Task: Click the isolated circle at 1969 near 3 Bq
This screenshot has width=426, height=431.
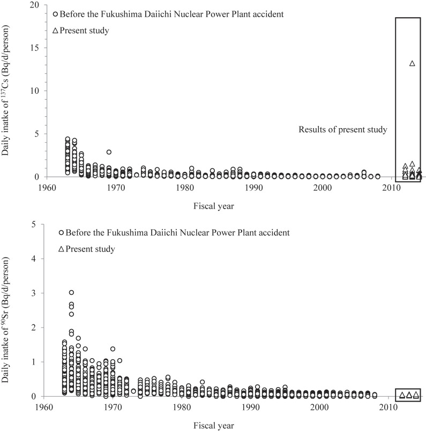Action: pos(109,152)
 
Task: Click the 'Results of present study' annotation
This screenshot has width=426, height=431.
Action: pos(343,130)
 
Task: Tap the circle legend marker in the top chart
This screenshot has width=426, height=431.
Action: pos(56,14)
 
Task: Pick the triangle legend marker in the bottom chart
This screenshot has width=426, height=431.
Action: pos(62,249)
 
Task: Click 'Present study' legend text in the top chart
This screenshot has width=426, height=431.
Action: pos(84,31)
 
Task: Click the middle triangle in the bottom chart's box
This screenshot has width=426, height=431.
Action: pos(409,395)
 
